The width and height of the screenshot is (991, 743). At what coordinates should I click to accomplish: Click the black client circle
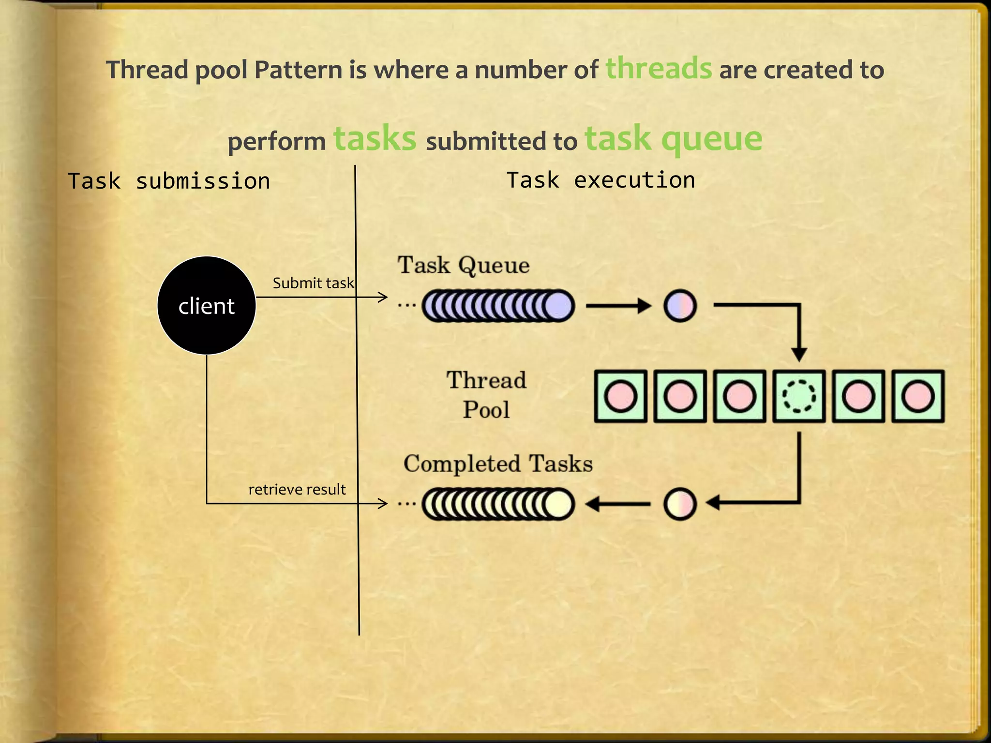pyautogui.click(x=207, y=306)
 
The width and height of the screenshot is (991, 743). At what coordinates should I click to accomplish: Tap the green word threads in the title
pyautogui.click(x=659, y=69)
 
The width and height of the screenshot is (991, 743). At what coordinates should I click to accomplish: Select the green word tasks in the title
pyautogui.click(x=375, y=139)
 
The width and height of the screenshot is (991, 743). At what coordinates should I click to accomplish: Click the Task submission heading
pyautogui.click(x=169, y=181)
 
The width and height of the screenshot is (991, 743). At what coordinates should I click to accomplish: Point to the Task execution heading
pyautogui.click(x=601, y=180)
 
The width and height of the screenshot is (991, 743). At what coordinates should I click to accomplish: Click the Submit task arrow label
pyautogui.click(x=313, y=283)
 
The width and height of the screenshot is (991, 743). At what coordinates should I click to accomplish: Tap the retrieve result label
pyautogui.click(x=297, y=490)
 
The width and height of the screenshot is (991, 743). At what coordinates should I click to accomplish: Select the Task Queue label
pyautogui.click(x=464, y=265)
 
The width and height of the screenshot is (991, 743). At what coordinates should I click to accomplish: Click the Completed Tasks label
pyautogui.click(x=498, y=463)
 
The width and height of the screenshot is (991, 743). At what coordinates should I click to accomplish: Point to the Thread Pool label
pyautogui.click(x=486, y=395)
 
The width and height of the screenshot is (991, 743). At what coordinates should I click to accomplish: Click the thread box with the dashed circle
pyautogui.click(x=799, y=396)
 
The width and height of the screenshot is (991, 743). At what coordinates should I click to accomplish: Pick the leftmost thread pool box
pyautogui.click(x=620, y=396)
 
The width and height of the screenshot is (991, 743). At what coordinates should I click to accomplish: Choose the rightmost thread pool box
pyautogui.click(x=918, y=396)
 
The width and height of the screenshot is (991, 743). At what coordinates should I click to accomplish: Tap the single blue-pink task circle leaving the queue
pyautogui.click(x=680, y=306)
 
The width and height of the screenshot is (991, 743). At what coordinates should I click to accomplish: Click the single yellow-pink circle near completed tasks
pyautogui.click(x=680, y=504)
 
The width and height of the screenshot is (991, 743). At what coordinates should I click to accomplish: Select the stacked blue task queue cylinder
pyautogui.click(x=498, y=306)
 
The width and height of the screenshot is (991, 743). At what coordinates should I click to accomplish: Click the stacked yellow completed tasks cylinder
pyautogui.click(x=498, y=504)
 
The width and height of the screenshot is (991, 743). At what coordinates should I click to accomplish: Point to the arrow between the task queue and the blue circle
pyautogui.click(x=618, y=306)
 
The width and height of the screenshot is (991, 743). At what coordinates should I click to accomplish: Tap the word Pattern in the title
pyautogui.click(x=299, y=70)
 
